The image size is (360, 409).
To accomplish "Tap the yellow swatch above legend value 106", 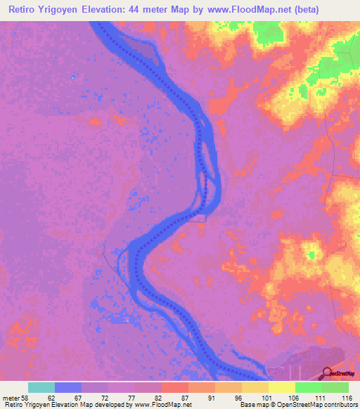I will pos(281,387).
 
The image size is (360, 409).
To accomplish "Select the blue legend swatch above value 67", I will pos(68,387).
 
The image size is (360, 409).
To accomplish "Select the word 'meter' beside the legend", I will pos(11,396).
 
